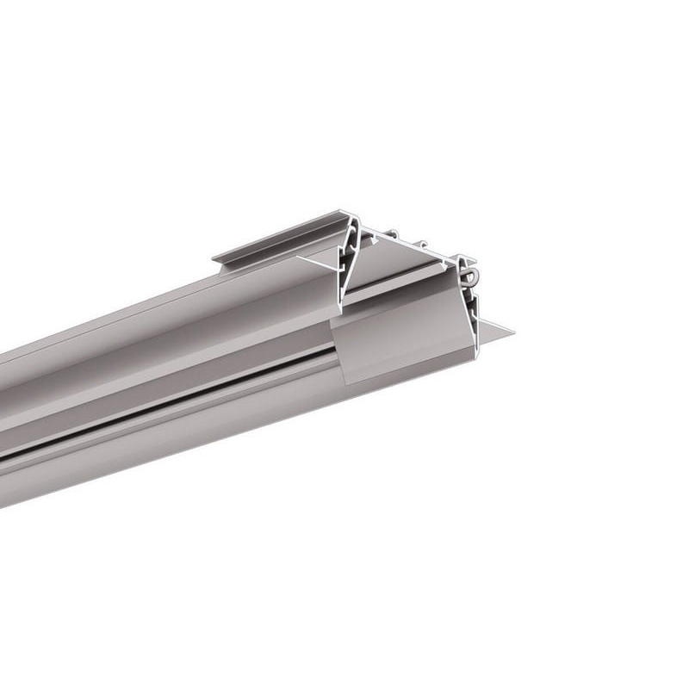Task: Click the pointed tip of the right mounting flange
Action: click(x=512, y=331)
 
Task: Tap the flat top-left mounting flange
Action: click(x=276, y=241)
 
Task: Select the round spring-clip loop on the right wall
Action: click(x=470, y=275)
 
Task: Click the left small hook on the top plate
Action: click(x=393, y=233)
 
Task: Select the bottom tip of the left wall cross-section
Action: click(x=341, y=307)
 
